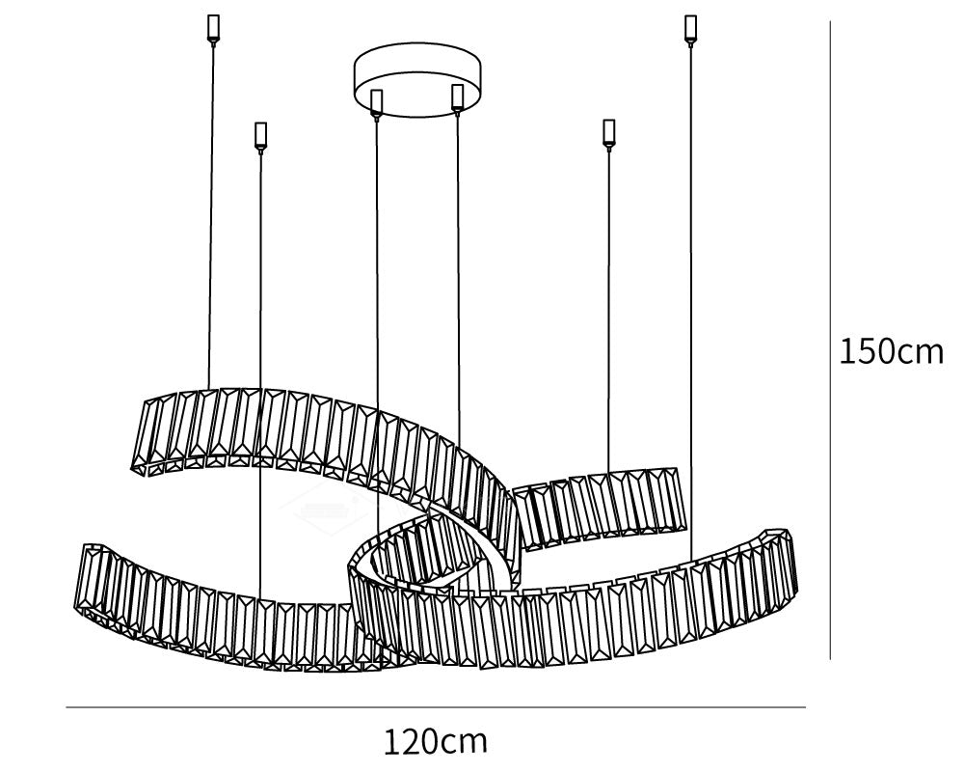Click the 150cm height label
tap(891, 352)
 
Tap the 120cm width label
tap(436, 741)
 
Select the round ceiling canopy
tap(416, 79)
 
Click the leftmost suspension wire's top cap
tap(213, 29)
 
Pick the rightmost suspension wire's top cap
tap(690, 29)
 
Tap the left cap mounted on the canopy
tap(376, 102)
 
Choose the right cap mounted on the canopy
tap(457, 97)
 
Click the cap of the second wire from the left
tap(260, 135)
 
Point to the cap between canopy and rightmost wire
tap(608, 133)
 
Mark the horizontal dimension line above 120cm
tap(436, 707)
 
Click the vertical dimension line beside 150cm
tap(831, 340)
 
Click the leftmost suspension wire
tap(211, 215)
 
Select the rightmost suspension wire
tap(691, 302)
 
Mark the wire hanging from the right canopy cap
tap(459, 277)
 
